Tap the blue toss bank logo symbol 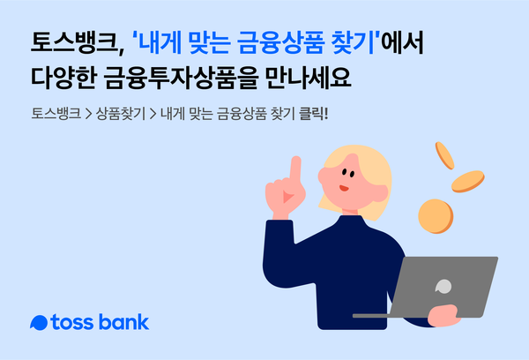(38, 322)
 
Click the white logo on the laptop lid (443, 286)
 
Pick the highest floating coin (443, 156)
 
